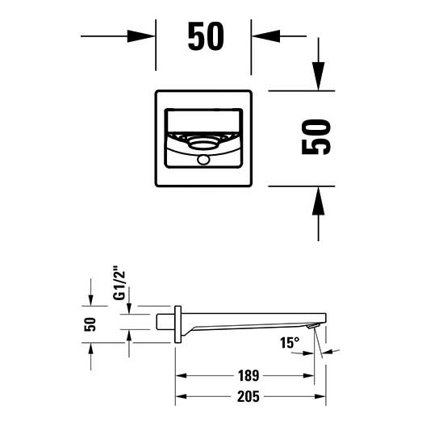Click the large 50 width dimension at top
[x=206, y=36]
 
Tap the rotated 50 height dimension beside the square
[x=316, y=136]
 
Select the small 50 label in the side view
[x=90, y=324]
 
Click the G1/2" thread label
[x=119, y=283]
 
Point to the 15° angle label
[x=290, y=343]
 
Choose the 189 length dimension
[x=249, y=376]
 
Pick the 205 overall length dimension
[x=249, y=396]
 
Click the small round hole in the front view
[x=203, y=160]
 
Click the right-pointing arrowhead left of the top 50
[x=140, y=36]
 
